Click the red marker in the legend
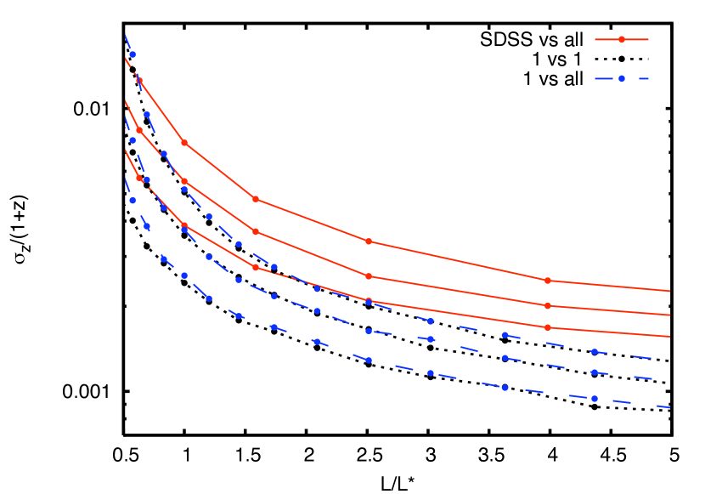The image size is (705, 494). (621, 39)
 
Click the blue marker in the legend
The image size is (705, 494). (621, 78)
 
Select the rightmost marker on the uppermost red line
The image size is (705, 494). (547, 281)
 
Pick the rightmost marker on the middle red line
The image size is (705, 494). (547, 305)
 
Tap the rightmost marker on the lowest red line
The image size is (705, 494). (547, 327)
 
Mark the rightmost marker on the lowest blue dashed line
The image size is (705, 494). (594, 398)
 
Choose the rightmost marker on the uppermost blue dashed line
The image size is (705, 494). (594, 351)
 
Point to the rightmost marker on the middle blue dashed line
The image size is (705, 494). (594, 372)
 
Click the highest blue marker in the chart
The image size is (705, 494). (133, 54)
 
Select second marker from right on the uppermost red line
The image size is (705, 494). (369, 241)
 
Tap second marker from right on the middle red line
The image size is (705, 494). (369, 276)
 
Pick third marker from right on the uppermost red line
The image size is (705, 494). (256, 199)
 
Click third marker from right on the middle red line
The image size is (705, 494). (256, 231)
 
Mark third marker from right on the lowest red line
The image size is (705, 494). (256, 267)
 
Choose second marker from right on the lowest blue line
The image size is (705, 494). (505, 388)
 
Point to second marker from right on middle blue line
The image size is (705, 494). (505, 358)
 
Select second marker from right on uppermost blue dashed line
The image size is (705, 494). (505, 335)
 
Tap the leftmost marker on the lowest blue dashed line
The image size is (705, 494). (133, 201)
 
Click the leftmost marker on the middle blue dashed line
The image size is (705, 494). (133, 140)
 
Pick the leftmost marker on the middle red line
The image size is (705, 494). (139, 131)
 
